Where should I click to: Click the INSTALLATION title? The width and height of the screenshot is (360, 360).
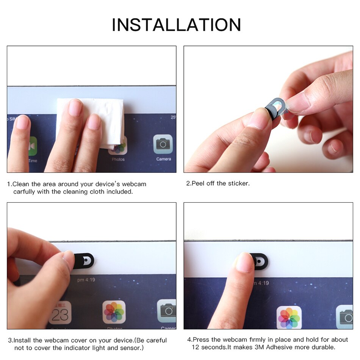(176, 25)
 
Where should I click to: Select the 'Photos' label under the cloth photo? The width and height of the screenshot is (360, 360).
(118, 160)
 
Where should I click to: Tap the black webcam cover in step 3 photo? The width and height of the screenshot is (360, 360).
(85, 261)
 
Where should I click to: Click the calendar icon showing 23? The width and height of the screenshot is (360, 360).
(60, 313)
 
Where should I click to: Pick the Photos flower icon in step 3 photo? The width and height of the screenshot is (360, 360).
(114, 312)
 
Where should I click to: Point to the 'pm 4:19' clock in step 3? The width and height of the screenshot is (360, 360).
(86, 280)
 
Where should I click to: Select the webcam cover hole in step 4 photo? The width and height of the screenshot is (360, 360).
(258, 261)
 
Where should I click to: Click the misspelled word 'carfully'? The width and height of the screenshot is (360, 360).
(25, 192)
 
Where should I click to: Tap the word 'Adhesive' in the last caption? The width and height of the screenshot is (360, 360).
(279, 347)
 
